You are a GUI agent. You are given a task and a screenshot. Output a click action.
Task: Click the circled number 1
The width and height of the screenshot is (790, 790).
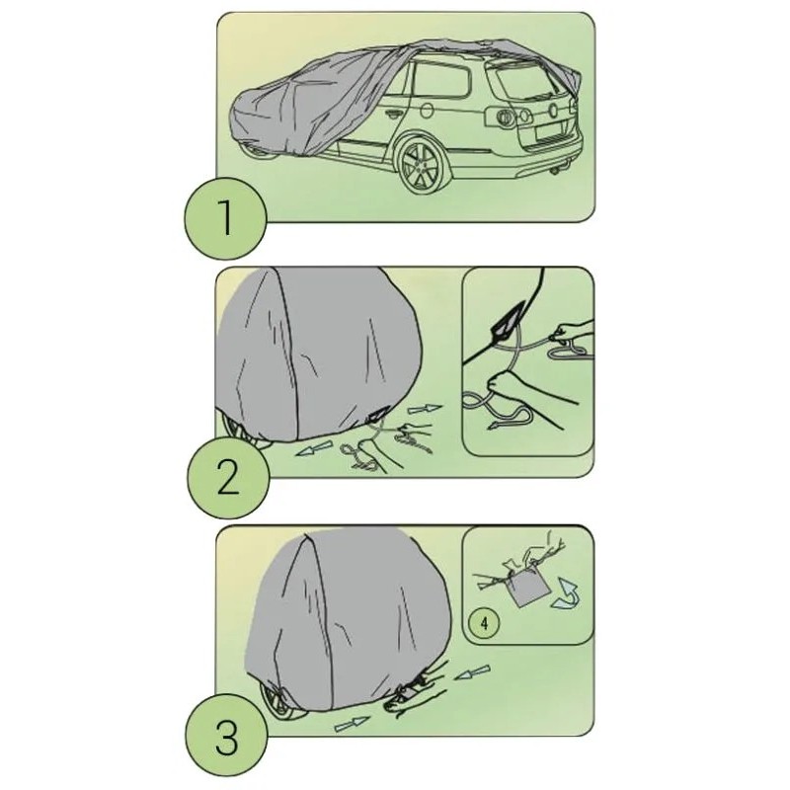point(225,217)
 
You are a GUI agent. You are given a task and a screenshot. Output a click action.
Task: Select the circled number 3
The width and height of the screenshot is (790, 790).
point(225,737)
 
